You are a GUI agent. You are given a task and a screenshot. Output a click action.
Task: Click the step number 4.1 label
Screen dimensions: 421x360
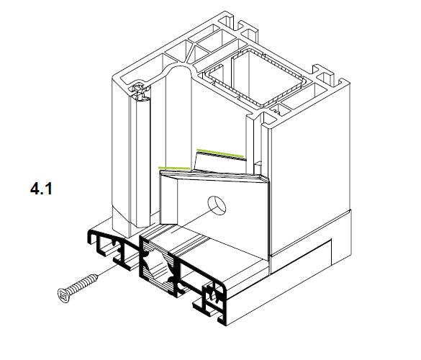point(41,189)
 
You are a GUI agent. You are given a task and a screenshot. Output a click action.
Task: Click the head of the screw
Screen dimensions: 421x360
point(63,295)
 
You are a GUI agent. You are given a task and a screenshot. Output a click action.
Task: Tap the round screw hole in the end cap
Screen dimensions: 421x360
point(217,205)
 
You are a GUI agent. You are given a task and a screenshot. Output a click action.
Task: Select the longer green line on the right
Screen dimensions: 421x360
point(220,153)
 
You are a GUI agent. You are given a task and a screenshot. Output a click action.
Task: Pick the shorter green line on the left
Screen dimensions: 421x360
point(175,168)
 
